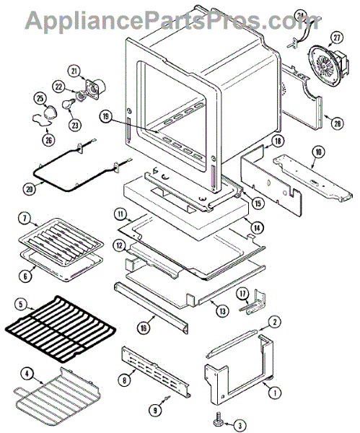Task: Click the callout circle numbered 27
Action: point(337,38)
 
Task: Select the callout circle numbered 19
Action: point(106,116)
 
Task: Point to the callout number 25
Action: point(40,97)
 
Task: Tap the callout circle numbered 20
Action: point(30,189)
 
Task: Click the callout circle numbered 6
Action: point(25,276)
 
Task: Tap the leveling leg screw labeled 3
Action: point(218,423)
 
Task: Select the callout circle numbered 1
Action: point(274,393)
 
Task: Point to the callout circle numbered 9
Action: point(155,411)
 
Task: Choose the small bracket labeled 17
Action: point(253,302)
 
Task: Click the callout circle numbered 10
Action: point(318,152)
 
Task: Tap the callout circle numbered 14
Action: point(257,227)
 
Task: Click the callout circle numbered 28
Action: point(338,123)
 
